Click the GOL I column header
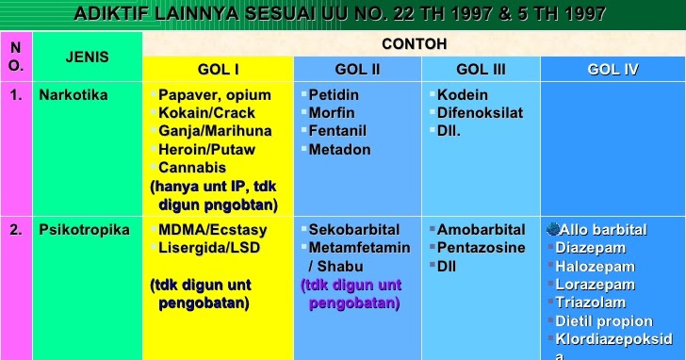point(218,70)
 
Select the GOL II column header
point(357,70)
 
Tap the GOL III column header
point(481,70)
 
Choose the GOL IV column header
point(613,70)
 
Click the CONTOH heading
point(414,44)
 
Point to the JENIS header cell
point(87,57)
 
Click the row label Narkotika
point(73,95)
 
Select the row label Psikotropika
point(84,230)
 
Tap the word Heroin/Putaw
point(206,149)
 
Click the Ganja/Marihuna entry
point(215,131)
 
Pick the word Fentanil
point(337,131)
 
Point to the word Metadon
point(339,149)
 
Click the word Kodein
point(463,95)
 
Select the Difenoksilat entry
point(480,113)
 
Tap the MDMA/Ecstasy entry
point(213,230)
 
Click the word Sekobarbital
point(354,230)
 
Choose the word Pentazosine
point(482,248)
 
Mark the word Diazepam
point(591,248)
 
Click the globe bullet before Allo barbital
point(552,229)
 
